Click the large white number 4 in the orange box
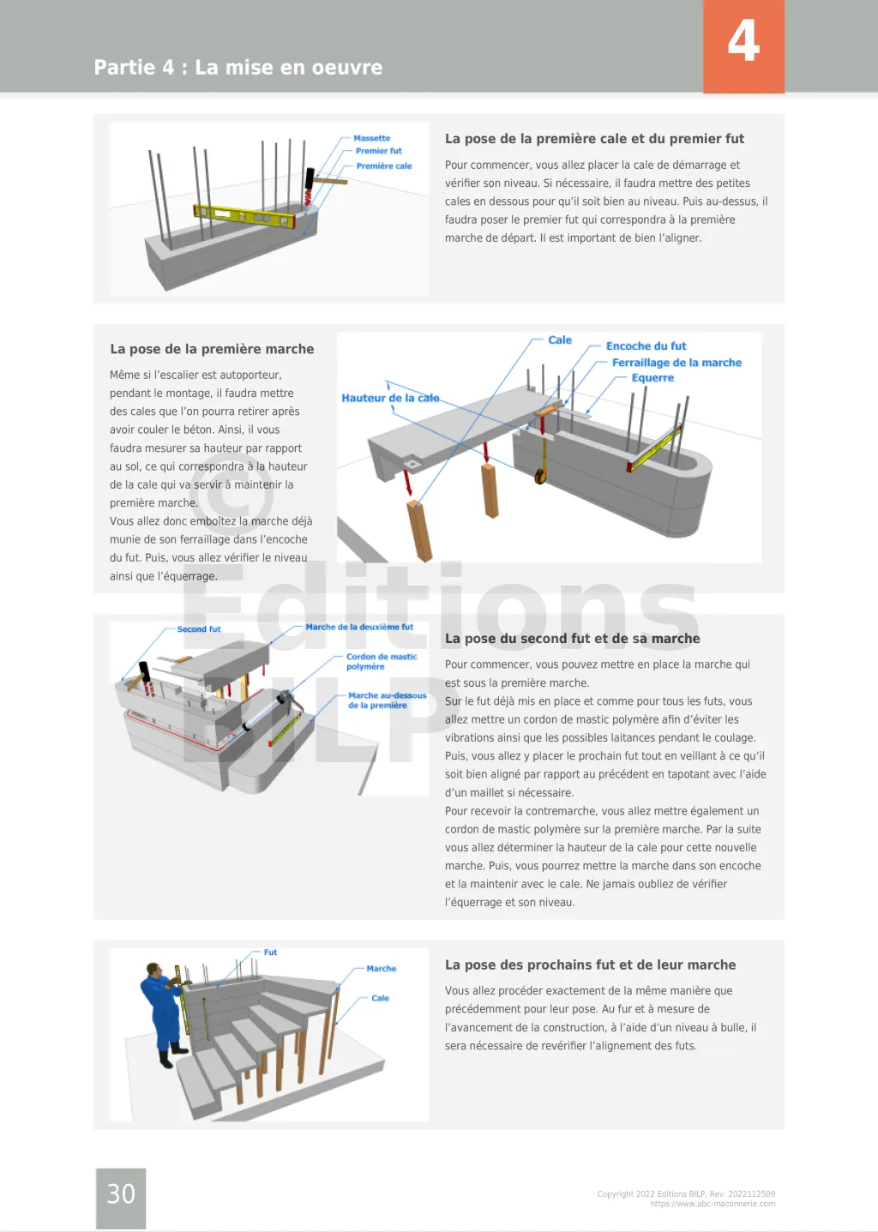coord(743,41)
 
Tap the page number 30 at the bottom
coord(121,1193)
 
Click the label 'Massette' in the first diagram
coord(371,138)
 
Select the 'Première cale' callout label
coord(383,166)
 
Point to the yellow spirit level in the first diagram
coord(244,215)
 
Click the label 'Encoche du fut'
coord(646,346)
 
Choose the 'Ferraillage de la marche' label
coord(677,363)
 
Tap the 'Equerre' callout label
coord(652,378)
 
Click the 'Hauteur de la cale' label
coord(390,398)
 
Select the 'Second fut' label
coord(199,629)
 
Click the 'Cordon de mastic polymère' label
coord(381,661)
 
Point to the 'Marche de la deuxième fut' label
coord(359,627)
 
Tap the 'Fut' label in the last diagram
coord(270,953)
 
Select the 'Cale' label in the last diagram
coord(380,998)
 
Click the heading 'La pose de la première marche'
coord(212,349)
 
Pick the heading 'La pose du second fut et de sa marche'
coord(572,639)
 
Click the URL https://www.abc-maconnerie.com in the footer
coord(713,1204)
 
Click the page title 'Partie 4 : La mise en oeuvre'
coord(238,68)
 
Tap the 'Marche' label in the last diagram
coord(381,969)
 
